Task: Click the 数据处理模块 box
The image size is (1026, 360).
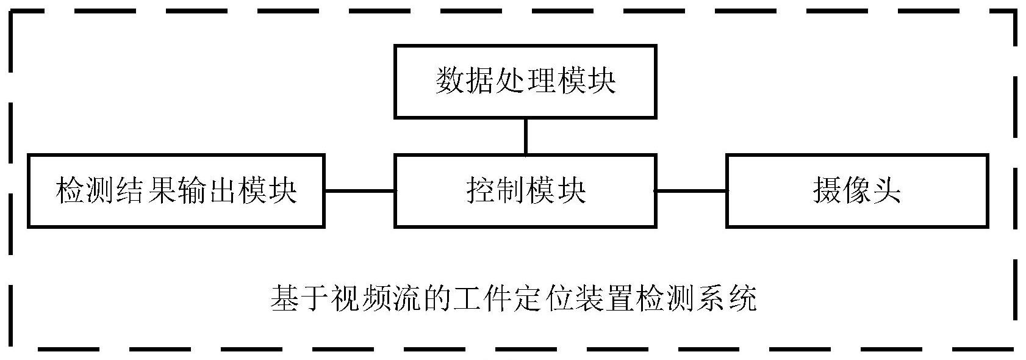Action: [525, 81]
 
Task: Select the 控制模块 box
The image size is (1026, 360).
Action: [525, 191]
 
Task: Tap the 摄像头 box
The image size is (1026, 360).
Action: [856, 191]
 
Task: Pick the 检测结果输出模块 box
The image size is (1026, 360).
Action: [176, 191]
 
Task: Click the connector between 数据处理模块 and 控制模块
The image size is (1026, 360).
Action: [525, 136]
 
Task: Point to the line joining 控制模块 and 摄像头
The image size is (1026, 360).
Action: [691, 191]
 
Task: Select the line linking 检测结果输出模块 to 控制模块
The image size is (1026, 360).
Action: [359, 191]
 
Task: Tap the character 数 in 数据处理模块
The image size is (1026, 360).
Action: [450, 81]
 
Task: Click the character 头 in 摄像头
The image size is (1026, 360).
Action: [886, 191]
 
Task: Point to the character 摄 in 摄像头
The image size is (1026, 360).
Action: [827, 191]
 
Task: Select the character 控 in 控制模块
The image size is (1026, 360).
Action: [481, 191]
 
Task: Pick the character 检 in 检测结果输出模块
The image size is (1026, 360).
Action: [70, 191]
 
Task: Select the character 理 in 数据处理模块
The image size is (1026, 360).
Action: [540, 81]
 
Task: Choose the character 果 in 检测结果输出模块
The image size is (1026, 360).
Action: [161, 191]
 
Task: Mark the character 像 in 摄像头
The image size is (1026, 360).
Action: [856, 191]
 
